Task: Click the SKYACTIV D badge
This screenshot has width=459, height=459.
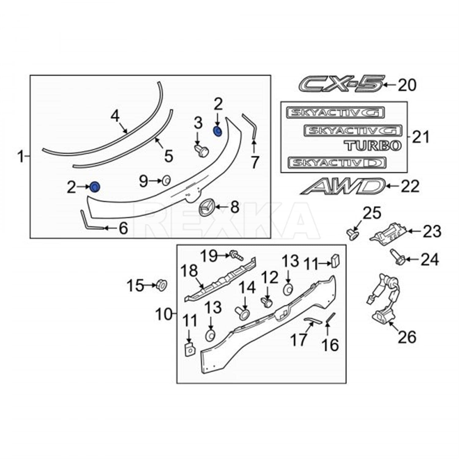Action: pyautogui.click(x=337, y=162)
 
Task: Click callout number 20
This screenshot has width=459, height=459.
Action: pyautogui.click(x=407, y=85)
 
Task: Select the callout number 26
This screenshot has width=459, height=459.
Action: pyautogui.click(x=407, y=337)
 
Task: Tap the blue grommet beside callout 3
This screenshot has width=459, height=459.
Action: pyautogui.click(x=217, y=131)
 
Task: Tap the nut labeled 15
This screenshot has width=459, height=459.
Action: pyautogui.click(x=161, y=285)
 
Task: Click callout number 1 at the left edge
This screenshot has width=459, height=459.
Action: pyautogui.click(x=21, y=157)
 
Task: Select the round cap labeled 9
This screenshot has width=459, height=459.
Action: pyautogui.click(x=166, y=181)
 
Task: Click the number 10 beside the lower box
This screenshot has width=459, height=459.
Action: pyautogui.click(x=164, y=314)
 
